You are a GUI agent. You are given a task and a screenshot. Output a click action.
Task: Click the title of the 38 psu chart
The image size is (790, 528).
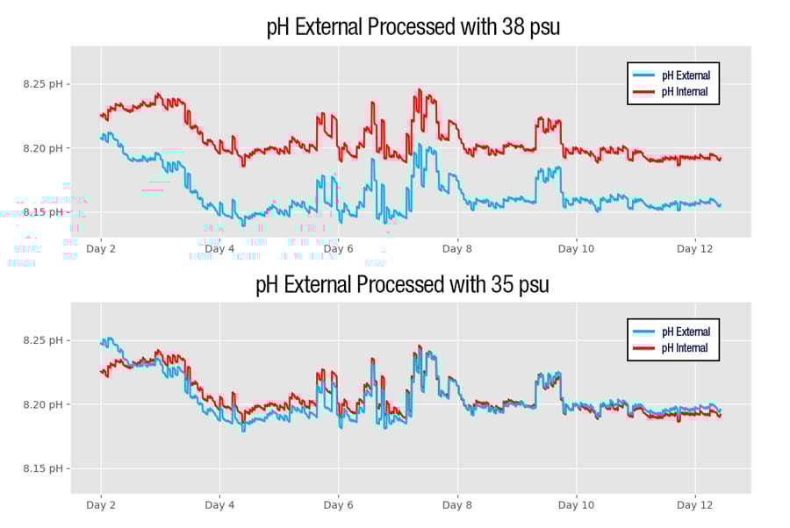[413, 28]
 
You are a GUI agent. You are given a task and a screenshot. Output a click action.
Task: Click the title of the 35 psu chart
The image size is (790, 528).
[402, 285]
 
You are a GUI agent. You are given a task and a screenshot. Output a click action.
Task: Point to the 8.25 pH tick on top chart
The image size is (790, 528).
[45, 84]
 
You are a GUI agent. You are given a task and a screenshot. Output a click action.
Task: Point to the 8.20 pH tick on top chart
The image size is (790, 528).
[45, 148]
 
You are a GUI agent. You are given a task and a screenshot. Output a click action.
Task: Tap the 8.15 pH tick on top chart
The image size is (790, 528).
[45, 212]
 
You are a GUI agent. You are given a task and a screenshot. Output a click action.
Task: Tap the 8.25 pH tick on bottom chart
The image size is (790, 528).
[45, 340]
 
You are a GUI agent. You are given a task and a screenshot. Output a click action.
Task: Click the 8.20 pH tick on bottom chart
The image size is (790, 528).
[45, 404]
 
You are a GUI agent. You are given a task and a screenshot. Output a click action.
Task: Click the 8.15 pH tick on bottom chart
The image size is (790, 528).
[45, 468]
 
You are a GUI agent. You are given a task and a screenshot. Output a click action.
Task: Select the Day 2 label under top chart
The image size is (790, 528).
[101, 249]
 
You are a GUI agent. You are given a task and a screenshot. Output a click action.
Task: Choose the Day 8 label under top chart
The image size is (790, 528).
[457, 249]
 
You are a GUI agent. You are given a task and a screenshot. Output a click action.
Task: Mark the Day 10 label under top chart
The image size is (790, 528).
[576, 249]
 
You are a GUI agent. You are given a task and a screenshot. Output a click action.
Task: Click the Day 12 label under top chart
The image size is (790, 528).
[694, 249]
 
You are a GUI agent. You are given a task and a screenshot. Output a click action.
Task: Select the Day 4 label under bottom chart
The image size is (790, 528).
[219, 505]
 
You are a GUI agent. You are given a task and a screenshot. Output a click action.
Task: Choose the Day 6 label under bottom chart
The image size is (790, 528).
[338, 505]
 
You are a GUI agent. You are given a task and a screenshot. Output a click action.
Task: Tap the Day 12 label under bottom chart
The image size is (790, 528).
[694, 505]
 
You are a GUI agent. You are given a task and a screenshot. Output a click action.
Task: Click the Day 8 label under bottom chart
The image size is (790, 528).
[457, 505]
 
